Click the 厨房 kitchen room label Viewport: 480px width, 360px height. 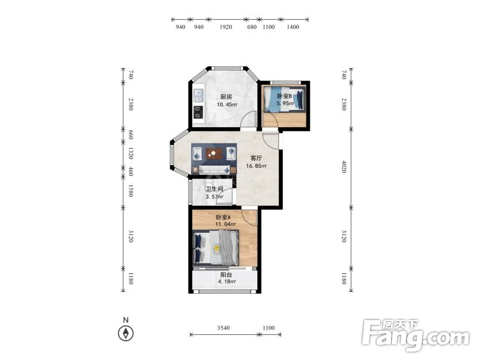point(226,97)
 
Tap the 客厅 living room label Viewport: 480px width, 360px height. point(256,158)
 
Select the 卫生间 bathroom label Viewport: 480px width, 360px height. point(214,189)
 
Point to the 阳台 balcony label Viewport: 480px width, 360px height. point(226,275)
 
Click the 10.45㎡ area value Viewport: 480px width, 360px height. point(227,104)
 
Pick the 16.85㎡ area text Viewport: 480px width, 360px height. point(256,166)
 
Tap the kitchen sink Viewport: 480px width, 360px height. point(199,95)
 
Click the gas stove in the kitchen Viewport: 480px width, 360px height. point(199,112)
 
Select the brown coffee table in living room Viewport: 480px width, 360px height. point(214,153)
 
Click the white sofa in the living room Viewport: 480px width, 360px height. point(214,170)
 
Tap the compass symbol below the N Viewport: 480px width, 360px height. point(125,333)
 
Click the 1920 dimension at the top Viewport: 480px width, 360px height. point(226,27)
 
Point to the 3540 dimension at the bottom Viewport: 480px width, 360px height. point(223,328)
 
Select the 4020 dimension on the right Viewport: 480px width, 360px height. point(344,166)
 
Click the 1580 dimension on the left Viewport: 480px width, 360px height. point(130,190)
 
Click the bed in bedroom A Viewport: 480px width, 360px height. point(216,248)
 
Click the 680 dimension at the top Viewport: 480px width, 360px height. point(251,27)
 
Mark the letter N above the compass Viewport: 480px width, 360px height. point(125,320)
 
